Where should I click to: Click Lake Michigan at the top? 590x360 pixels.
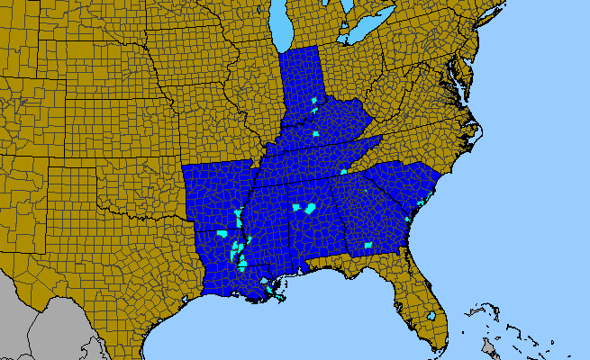tap(286, 27)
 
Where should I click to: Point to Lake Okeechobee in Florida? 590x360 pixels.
tap(431, 316)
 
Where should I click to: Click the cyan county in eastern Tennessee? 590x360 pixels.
tap(343, 171)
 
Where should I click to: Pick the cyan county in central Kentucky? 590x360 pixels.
tap(316, 134)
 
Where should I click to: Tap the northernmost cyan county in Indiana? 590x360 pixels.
tap(314, 100)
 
